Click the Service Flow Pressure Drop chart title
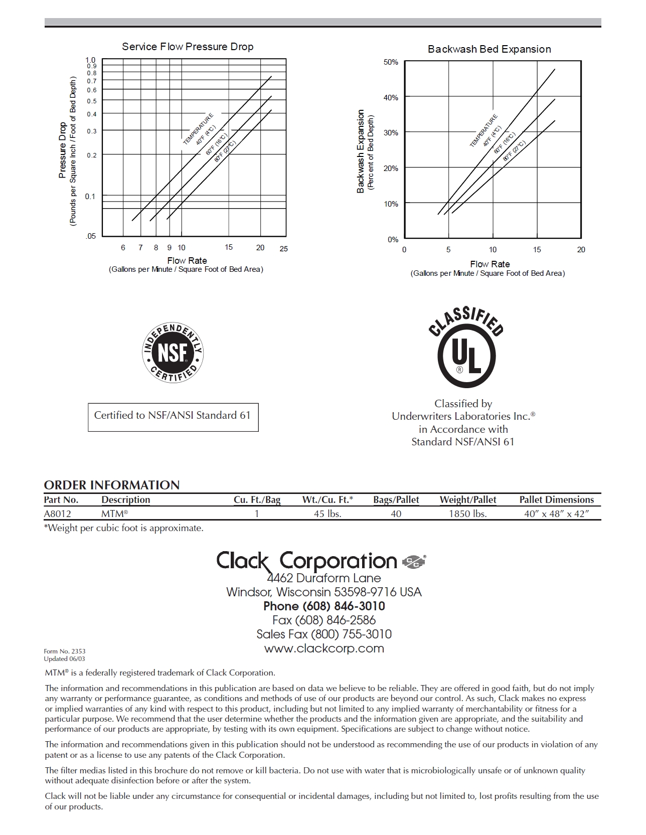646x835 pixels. point(188,47)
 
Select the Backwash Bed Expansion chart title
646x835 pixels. point(489,49)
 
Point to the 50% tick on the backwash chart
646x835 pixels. point(391,62)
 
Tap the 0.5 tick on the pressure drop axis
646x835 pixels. point(91,101)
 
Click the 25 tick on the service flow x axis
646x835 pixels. point(283,249)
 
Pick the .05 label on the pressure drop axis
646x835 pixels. point(90,236)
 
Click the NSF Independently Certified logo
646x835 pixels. point(173,352)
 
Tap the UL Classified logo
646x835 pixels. point(466,349)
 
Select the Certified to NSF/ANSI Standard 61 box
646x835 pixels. point(173,417)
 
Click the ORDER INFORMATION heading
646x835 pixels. point(111,485)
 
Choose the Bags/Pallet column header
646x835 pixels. point(396,499)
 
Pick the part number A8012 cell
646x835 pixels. point(57,514)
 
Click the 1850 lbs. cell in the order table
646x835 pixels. point(467,514)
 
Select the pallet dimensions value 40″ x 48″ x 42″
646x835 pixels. point(556,514)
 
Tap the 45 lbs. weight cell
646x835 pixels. point(328,514)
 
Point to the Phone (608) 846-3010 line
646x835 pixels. point(324,606)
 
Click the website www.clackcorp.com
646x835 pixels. point(324,648)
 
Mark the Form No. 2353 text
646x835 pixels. point(65,651)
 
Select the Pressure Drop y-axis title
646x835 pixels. point(63,150)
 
